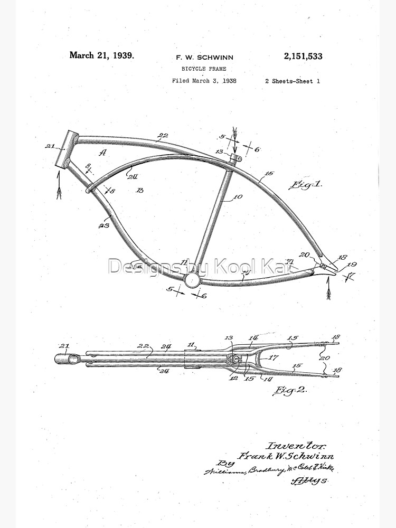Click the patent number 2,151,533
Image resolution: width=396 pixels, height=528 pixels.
(x=304, y=56)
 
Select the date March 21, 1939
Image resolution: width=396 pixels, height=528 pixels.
(x=101, y=55)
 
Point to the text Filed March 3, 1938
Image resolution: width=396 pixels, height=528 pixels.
(x=204, y=81)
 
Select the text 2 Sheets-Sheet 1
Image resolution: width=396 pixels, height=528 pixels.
(x=293, y=81)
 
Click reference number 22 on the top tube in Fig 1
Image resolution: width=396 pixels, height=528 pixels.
(x=163, y=136)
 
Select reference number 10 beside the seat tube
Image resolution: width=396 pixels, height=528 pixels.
(x=237, y=197)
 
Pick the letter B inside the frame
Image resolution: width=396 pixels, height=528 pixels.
(x=139, y=190)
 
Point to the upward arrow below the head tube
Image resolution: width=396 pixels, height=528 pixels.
(x=60, y=187)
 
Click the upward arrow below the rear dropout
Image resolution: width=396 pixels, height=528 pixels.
(x=328, y=288)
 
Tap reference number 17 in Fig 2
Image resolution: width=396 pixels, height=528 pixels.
(x=274, y=357)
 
